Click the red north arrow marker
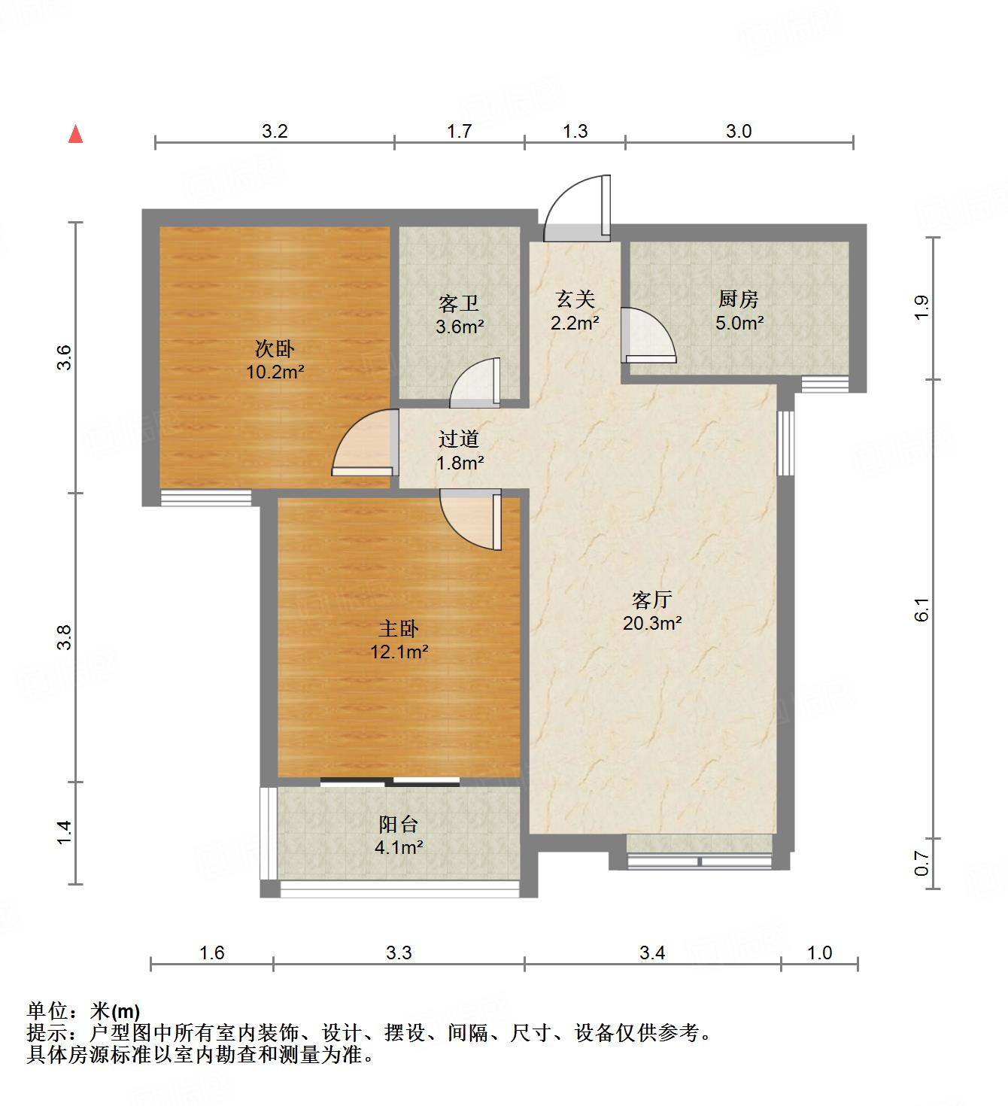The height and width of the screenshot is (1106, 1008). pyautogui.click(x=75, y=135)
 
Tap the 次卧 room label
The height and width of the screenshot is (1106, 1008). pyautogui.click(x=275, y=349)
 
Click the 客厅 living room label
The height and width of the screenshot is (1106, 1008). pyautogui.click(x=651, y=600)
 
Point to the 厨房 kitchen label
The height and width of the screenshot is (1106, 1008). pyautogui.click(x=738, y=299)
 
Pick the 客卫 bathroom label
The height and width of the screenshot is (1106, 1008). pyautogui.click(x=459, y=304)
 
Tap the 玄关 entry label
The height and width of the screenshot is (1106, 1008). pyautogui.click(x=575, y=299)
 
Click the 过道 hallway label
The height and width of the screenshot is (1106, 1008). pyautogui.click(x=459, y=439)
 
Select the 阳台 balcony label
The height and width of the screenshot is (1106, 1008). pyautogui.click(x=399, y=825)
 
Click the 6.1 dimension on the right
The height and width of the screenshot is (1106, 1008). pyautogui.click(x=924, y=609)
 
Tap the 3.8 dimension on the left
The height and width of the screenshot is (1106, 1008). pyautogui.click(x=66, y=637)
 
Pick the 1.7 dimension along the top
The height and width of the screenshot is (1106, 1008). pyautogui.click(x=459, y=132)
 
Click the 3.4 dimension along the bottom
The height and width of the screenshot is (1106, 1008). pyautogui.click(x=652, y=953)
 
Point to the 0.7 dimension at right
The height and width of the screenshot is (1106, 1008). pyautogui.click(x=924, y=864)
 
